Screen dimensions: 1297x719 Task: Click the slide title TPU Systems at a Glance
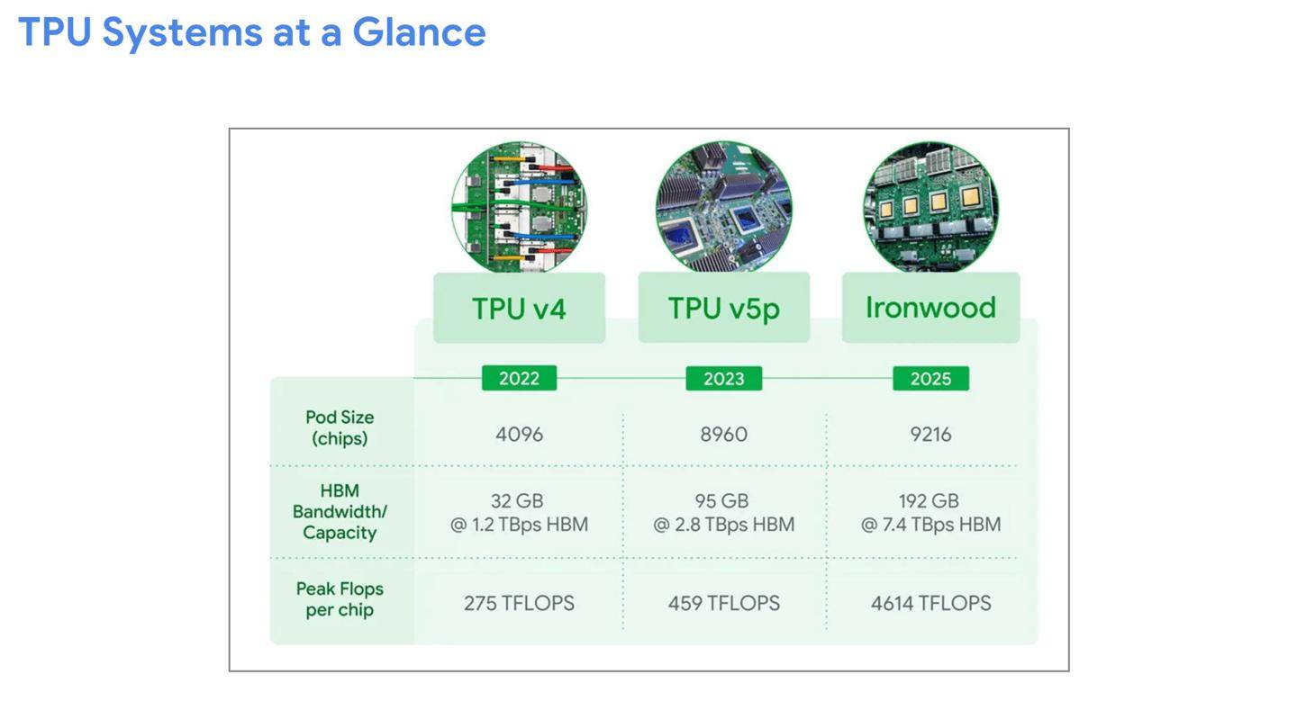pos(252,33)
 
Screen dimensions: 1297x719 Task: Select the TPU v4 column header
pos(520,308)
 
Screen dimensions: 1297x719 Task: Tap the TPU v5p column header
pos(724,308)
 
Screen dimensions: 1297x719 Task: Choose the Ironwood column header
pos(930,308)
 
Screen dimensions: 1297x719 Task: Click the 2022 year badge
pos(520,378)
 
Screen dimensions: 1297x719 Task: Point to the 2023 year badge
pos(724,378)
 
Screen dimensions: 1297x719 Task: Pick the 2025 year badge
pos(930,378)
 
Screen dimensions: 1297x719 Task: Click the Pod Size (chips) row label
pos(340,427)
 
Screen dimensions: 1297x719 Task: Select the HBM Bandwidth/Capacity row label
pos(340,511)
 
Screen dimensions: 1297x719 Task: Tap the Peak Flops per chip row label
pos(340,599)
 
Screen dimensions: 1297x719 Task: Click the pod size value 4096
pos(520,435)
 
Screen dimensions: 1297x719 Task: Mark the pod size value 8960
pos(724,435)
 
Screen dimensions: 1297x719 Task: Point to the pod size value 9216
pos(930,435)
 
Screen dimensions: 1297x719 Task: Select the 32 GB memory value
pos(517,501)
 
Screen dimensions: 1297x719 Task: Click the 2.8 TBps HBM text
pos(735,525)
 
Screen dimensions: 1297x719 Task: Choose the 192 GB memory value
pos(929,501)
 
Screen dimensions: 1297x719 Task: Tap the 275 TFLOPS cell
pos(520,603)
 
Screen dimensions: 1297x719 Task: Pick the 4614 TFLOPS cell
pos(930,603)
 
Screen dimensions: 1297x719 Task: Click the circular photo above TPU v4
pos(520,207)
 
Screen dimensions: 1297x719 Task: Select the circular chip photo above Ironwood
pos(930,207)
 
